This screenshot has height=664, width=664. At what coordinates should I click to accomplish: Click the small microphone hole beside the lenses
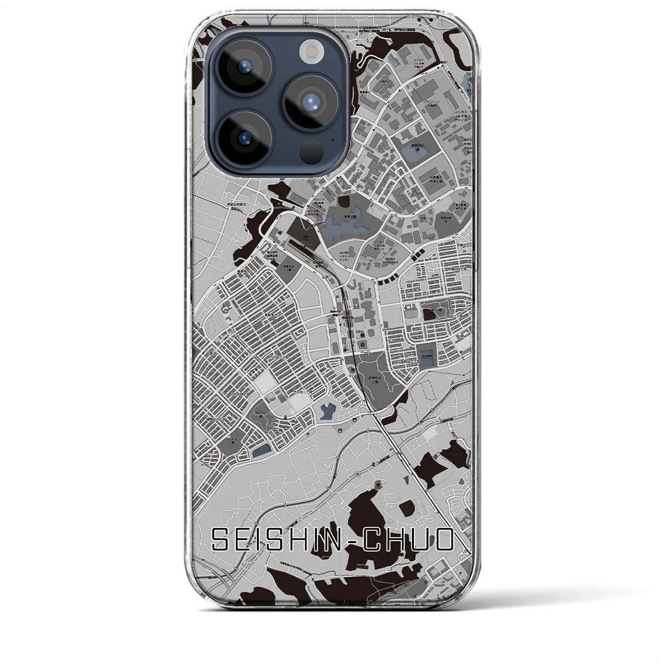[x=332, y=139]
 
